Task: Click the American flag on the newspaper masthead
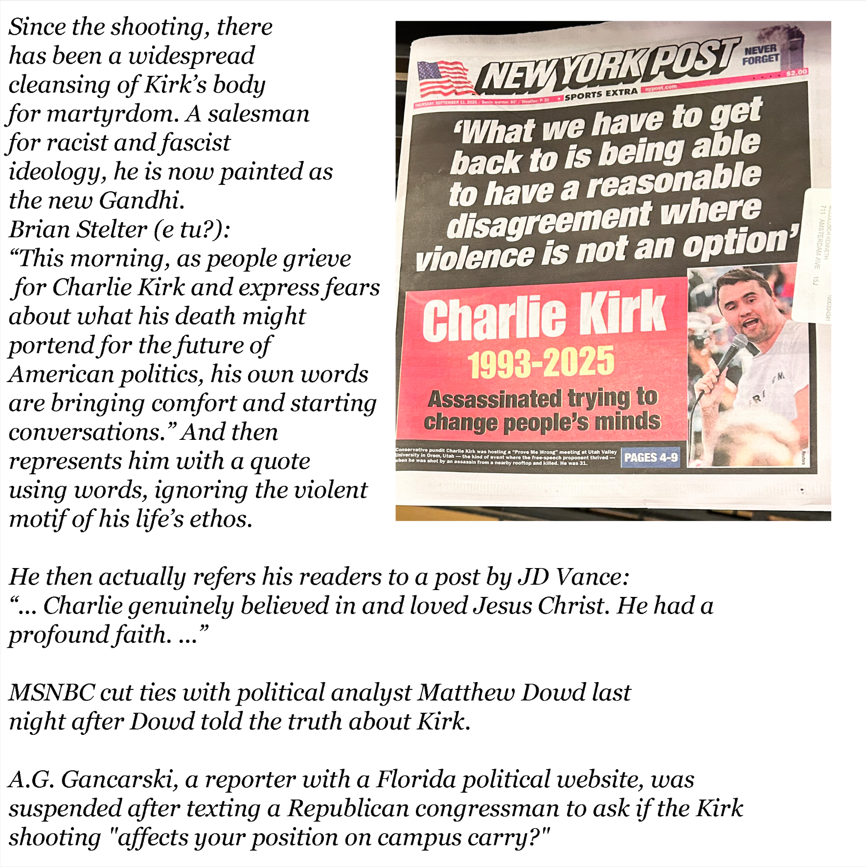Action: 442,78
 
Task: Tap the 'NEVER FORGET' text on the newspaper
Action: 761,54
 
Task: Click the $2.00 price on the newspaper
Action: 796,72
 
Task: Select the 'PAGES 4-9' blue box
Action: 651,457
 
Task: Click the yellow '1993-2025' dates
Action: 541,362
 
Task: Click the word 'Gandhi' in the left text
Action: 141,201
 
